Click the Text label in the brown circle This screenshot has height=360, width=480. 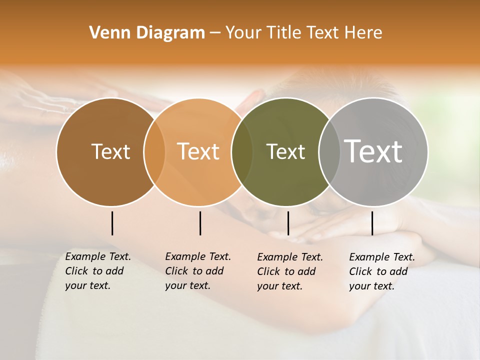[110, 151]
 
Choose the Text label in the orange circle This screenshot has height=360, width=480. [198, 151]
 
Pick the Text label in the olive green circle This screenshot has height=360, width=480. [285, 151]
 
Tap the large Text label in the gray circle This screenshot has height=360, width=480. [373, 151]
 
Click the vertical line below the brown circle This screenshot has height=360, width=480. [112, 223]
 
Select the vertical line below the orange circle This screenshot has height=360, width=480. [200, 223]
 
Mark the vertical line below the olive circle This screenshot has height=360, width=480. [288, 223]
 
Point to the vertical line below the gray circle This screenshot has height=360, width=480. [372, 223]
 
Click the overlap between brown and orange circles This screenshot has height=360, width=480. [154, 151]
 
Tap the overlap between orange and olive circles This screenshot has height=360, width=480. [242, 151]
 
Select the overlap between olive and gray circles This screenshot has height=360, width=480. [329, 151]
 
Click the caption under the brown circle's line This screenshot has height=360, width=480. [97, 271]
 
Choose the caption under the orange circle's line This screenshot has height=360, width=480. [197, 271]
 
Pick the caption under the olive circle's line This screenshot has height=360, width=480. [289, 271]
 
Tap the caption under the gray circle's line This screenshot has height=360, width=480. [381, 271]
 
